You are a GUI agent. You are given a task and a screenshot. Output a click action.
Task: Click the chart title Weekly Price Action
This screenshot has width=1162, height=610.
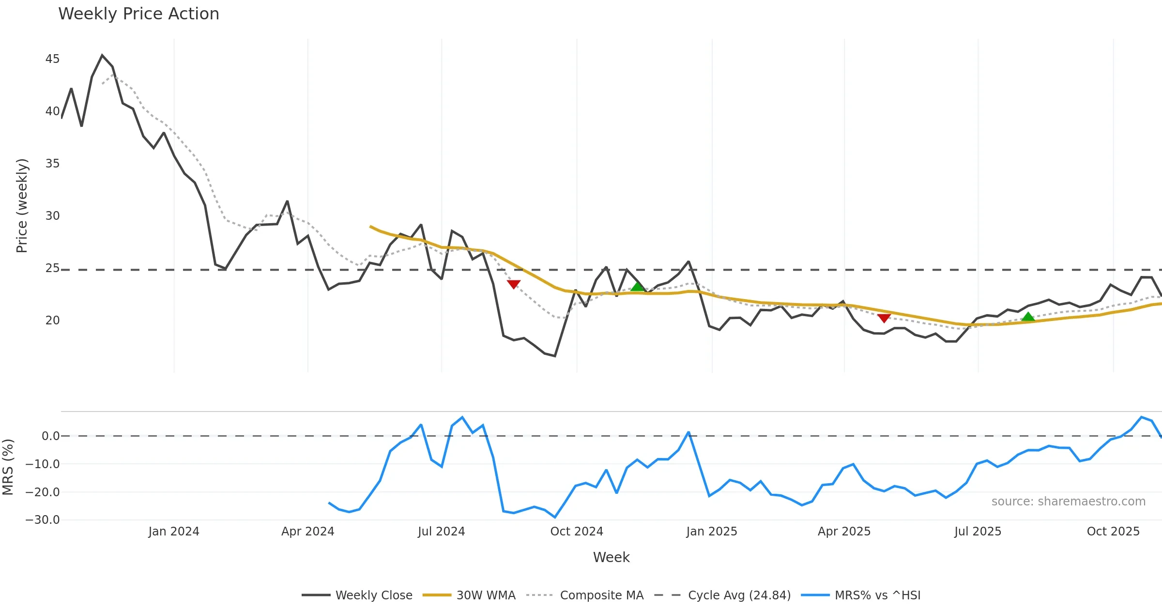tap(138, 14)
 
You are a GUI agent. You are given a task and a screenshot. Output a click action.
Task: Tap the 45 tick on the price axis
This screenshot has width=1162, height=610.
tap(52, 59)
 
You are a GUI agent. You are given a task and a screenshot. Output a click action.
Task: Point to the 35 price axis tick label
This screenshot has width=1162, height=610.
tap(52, 164)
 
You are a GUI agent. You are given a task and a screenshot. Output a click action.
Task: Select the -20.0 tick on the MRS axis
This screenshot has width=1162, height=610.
tap(43, 492)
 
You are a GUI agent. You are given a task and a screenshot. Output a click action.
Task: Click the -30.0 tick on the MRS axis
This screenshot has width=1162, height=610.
tap(43, 520)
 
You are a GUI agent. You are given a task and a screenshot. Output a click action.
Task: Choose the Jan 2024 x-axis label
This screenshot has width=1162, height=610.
tap(174, 532)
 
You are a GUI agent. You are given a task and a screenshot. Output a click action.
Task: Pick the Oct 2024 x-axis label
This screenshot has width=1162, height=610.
tap(577, 532)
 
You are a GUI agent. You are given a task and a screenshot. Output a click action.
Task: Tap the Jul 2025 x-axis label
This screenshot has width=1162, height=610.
tap(978, 532)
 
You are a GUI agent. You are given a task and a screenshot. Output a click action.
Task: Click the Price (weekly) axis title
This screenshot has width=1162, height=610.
tap(22, 206)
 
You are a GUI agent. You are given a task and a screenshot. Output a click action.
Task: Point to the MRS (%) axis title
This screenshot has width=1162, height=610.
tap(8, 467)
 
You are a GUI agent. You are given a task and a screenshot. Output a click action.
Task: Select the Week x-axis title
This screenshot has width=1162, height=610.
tap(611, 558)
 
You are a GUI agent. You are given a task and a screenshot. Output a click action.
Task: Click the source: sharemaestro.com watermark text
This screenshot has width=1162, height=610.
tap(1068, 502)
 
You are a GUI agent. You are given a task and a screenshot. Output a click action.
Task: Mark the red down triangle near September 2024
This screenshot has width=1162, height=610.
tap(514, 284)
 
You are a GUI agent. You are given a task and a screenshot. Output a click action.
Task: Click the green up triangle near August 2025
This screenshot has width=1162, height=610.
tap(1028, 317)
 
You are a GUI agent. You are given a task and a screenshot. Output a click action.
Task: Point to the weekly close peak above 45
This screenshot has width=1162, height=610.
tap(102, 55)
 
